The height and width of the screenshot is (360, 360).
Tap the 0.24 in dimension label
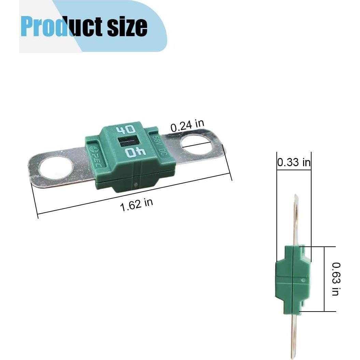point(187,126)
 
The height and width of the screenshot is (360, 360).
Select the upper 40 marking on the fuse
point(126,130)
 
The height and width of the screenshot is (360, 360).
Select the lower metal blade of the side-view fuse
point(294,334)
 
